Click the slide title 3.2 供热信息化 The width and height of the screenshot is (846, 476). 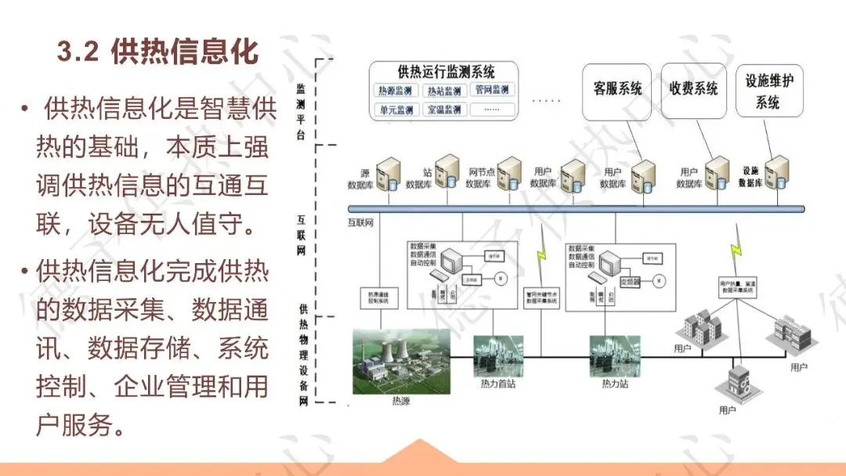point(157,52)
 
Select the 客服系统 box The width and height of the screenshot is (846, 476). point(617,89)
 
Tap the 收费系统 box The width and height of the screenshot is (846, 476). point(693,89)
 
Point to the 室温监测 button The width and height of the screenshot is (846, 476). point(443,110)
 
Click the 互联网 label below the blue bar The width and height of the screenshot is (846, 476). point(360,222)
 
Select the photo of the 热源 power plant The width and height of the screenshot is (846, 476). point(401,362)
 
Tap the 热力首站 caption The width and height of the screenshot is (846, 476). point(497,384)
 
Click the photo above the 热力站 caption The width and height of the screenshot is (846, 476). point(610,356)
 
